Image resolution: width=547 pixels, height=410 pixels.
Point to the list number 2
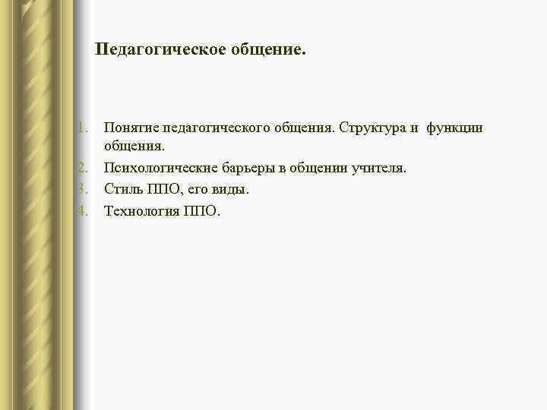point(84,168)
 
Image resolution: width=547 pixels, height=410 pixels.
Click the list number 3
point(84,188)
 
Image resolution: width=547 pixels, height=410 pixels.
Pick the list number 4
point(84,210)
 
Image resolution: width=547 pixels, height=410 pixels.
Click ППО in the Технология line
point(201,210)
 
